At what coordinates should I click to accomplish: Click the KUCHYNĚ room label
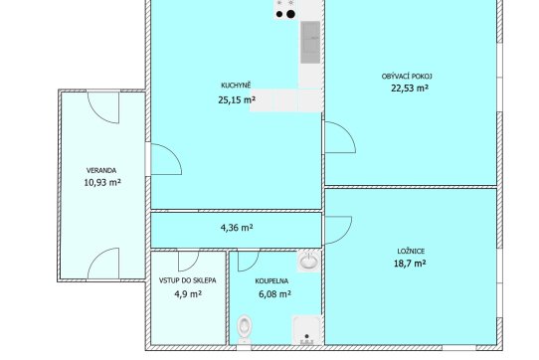236,86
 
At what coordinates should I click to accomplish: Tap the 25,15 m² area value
237,100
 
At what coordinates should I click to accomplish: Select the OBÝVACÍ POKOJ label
407,77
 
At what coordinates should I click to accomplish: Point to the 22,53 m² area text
410,89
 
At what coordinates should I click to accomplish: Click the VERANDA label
101,170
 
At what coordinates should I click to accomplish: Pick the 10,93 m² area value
102,182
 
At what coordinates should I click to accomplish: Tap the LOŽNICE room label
411,252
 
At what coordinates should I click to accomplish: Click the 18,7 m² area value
410,264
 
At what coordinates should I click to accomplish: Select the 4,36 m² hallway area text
237,228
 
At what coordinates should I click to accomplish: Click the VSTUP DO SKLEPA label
188,280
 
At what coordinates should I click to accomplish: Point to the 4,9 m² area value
188,294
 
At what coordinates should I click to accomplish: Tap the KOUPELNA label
271,281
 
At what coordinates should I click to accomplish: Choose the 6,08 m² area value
274,294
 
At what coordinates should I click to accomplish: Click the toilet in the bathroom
245,329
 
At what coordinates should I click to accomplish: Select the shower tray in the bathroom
306,330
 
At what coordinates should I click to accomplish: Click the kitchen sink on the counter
310,43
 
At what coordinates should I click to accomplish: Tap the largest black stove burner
290,14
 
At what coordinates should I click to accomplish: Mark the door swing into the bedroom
338,230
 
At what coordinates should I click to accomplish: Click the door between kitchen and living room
340,137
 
